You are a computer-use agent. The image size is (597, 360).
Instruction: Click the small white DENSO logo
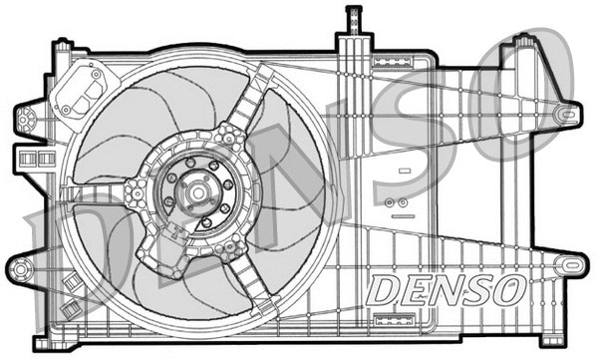pyautogui.click(x=446, y=291)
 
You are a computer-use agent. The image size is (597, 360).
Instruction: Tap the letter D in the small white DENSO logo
pyautogui.click(x=385, y=291)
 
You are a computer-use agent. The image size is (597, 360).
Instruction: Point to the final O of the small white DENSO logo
pyautogui.click(x=507, y=291)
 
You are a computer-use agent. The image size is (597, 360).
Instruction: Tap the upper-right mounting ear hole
pyautogui.click(x=566, y=116)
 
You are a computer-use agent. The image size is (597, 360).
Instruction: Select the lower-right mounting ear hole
pyautogui.click(x=569, y=265)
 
